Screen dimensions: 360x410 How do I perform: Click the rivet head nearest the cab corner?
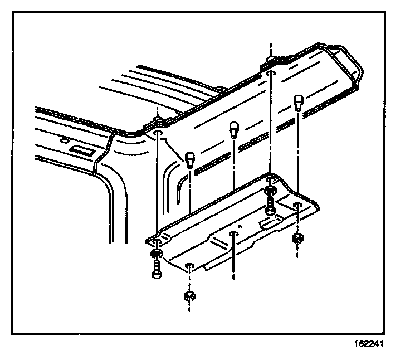tap(190, 159)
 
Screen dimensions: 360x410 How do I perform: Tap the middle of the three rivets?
tap(233, 130)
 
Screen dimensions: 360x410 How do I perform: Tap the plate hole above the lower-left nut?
tap(189, 266)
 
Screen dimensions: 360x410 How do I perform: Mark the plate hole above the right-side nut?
tap(298, 206)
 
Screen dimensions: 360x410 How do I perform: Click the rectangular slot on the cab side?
tap(80, 150)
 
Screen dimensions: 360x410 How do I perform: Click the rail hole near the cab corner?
tap(158, 134)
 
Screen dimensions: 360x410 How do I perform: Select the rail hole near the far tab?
tap(270, 73)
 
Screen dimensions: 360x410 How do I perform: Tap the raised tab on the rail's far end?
tap(270, 60)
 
